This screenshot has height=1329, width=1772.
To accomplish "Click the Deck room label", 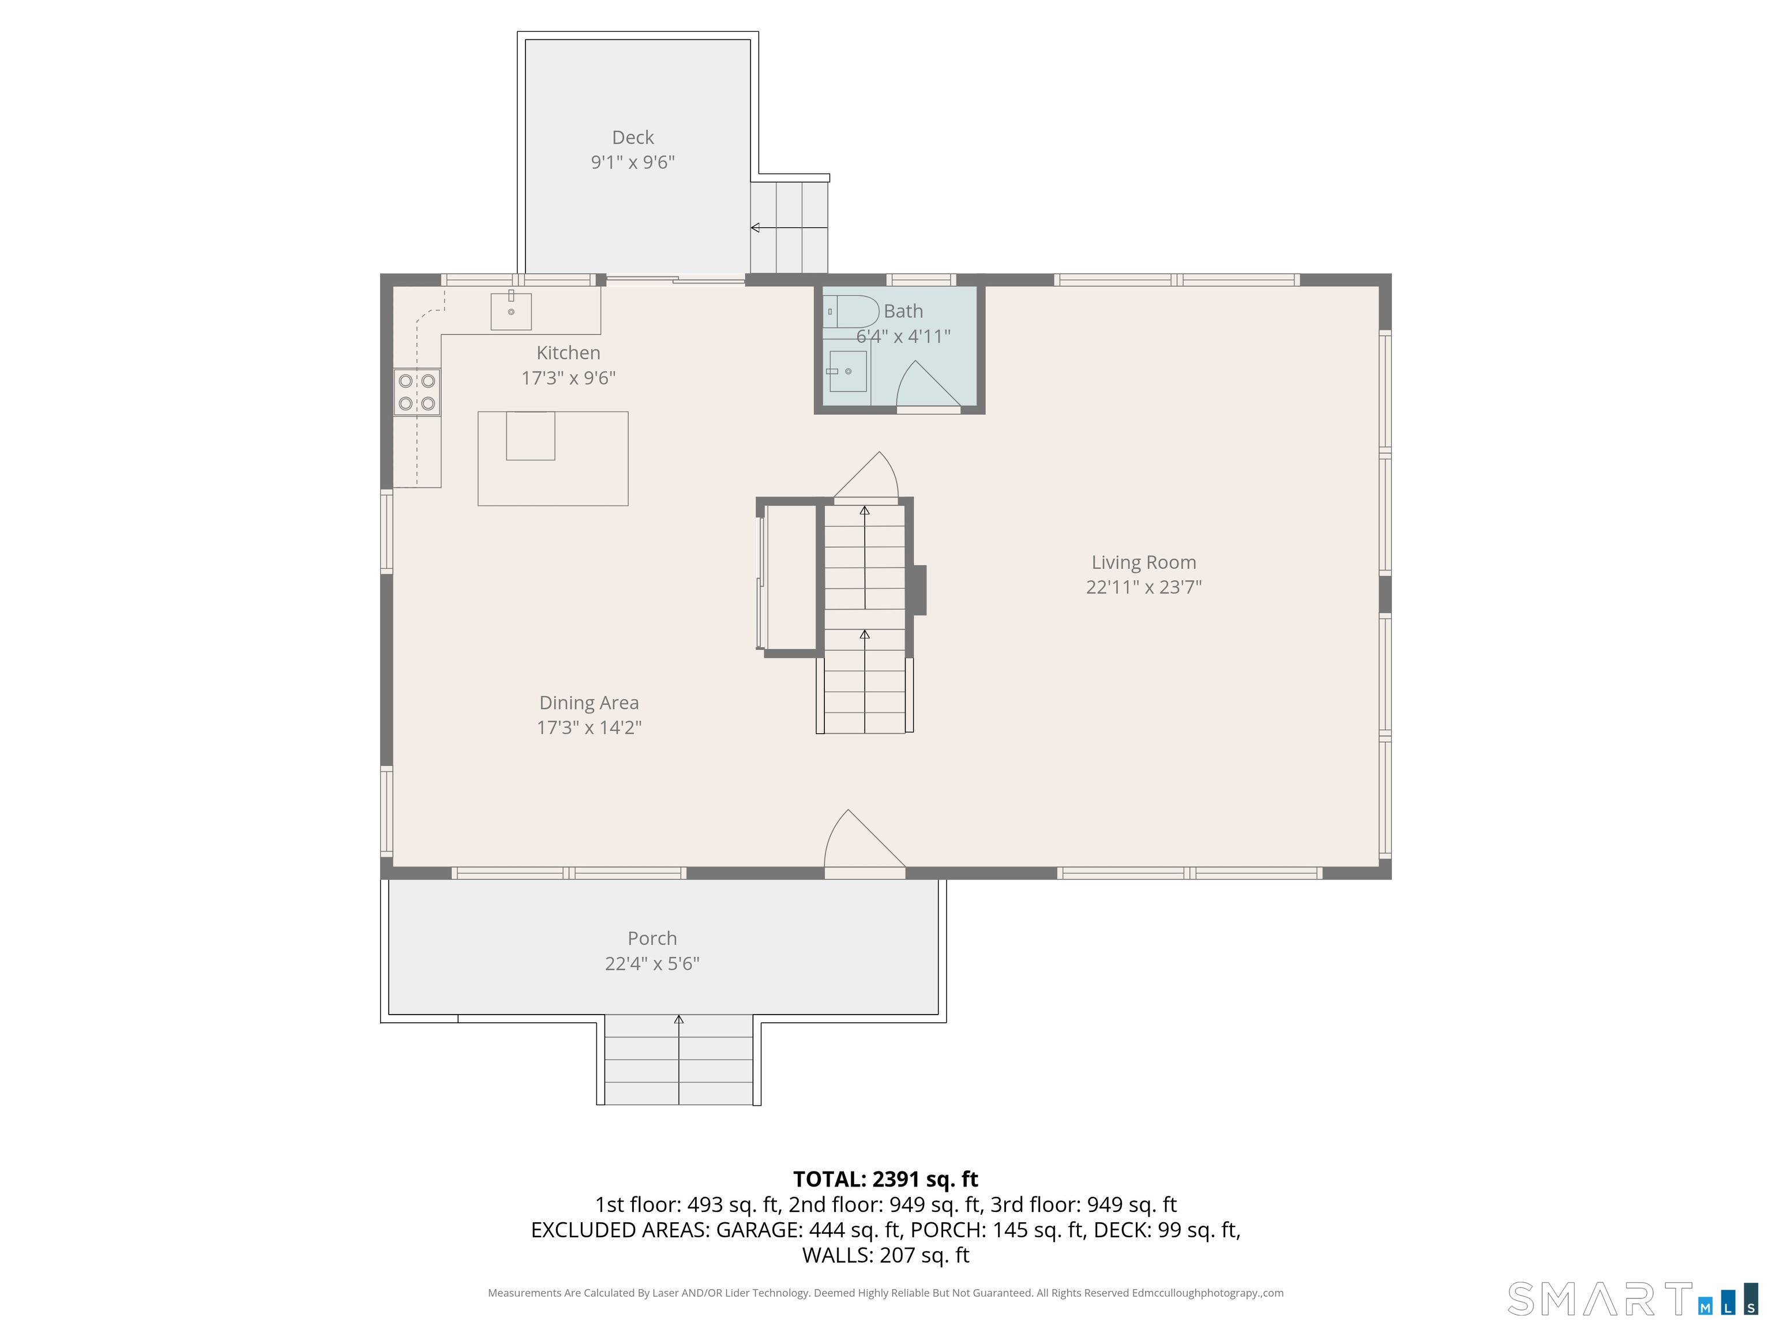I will click(632, 138).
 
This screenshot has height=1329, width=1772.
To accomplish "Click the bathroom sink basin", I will click(847, 371).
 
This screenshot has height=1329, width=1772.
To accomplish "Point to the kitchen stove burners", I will click(416, 392).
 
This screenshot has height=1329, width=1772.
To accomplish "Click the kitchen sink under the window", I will click(510, 311).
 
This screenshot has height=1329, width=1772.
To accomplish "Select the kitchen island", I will click(553, 458).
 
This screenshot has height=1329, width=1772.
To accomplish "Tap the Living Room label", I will click(1143, 562).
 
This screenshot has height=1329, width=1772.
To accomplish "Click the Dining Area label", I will click(589, 703).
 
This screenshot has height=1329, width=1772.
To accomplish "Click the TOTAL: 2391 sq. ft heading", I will click(885, 1179).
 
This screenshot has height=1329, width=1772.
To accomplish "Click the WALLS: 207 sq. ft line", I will click(885, 1255).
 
